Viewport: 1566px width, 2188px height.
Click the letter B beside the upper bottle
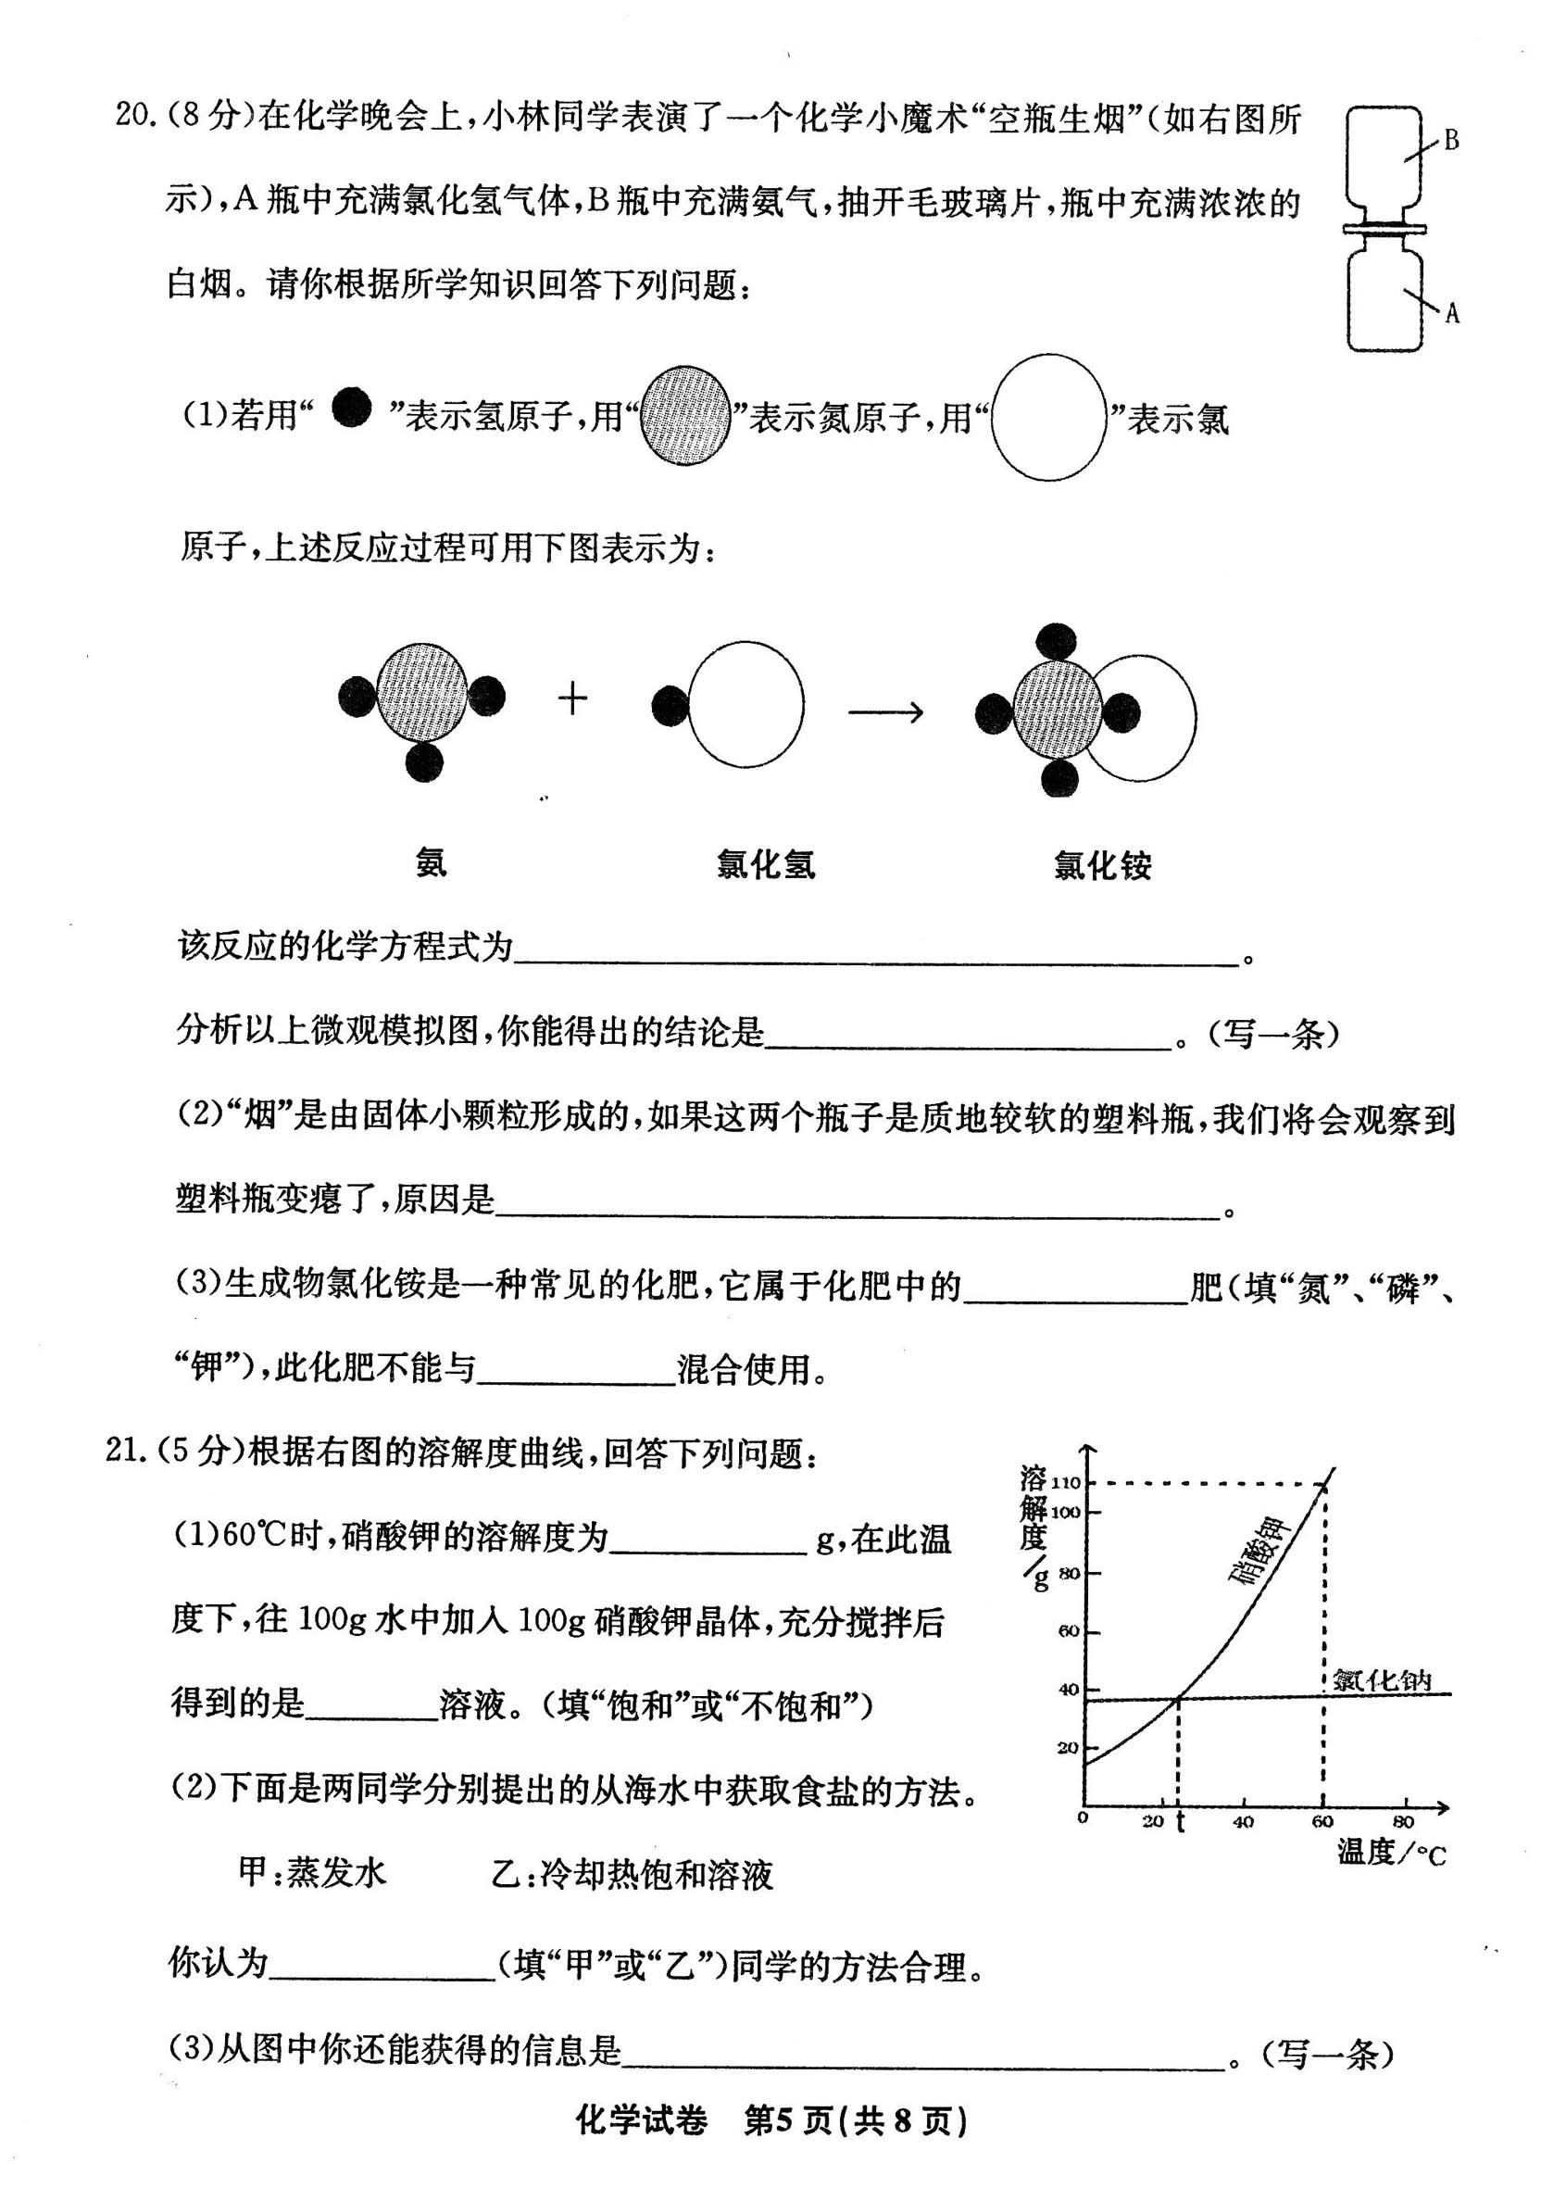click(1450, 141)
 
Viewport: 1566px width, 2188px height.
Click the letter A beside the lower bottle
click(1451, 312)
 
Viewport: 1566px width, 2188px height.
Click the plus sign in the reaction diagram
click(573, 698)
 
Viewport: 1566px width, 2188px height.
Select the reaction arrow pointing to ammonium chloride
click(885, 712)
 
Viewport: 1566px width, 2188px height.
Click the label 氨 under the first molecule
click(431, 861)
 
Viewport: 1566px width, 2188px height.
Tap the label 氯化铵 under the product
click(1102, 865)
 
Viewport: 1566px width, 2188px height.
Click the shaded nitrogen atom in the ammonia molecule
click(421, 692)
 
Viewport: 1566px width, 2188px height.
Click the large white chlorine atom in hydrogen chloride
click(746, 705)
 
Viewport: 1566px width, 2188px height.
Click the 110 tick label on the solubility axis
click(1066, 1483)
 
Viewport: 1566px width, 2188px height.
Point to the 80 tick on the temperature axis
click(1403, 1820)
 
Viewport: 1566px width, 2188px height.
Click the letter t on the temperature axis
click(1180, 1820)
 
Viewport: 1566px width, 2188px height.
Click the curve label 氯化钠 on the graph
click(1382, 1679)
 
